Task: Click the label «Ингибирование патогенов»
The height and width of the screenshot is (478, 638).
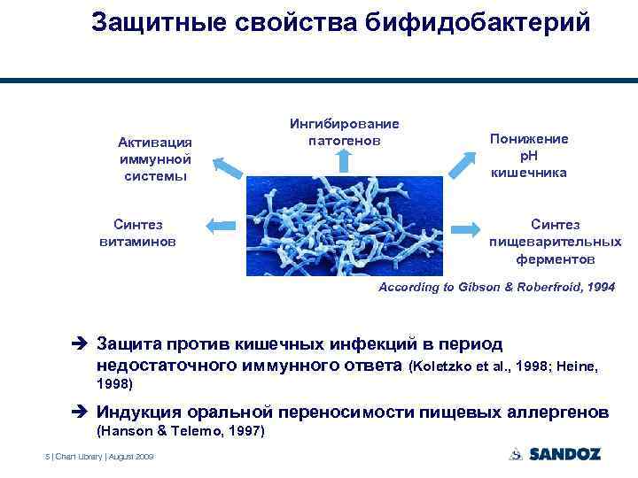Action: [x=345, y=132]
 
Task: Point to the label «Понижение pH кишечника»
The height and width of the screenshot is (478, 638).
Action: [x=529, y=156]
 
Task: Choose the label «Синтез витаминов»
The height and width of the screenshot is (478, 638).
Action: [x=137, y=233]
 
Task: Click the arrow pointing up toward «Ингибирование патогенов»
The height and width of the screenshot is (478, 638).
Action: [x=345, y=160]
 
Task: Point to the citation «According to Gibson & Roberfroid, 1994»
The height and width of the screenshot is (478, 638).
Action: [x=496, y=288]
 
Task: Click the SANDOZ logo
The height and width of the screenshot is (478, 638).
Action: [x=556, y=454]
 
